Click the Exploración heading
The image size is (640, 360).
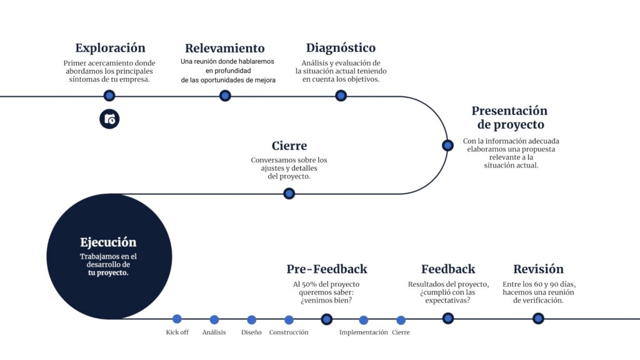(x=110, y=48)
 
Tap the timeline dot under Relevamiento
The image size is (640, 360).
(x=225, y=96)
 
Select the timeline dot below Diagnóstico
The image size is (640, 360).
(x=341, y=96)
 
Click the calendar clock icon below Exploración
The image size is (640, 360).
(x=109, y=119)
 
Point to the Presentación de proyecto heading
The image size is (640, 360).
(x=510, y=117)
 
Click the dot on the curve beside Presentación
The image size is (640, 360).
(x=447, y=145)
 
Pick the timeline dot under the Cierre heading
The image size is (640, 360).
(x=289, y=194)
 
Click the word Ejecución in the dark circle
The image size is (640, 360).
(x=108, y=242)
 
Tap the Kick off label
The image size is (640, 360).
(x=177, y=332)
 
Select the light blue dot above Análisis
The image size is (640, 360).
(x=214, y=319)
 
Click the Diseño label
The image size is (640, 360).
(x=251, y=332)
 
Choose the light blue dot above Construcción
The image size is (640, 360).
(x=289, y=319)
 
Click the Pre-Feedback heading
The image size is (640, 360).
(x=327, y=269)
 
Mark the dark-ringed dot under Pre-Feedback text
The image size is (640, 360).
(x=326, y=319)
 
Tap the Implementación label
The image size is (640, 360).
(x=364, y=332)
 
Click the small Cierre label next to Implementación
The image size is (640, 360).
(x=401, y=332)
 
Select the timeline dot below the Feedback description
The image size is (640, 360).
(x=448, y=318)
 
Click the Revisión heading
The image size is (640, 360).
(x=538, y=269)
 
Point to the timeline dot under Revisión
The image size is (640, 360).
(x=538, y=318)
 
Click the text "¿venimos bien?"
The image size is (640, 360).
(x=326, y=301)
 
